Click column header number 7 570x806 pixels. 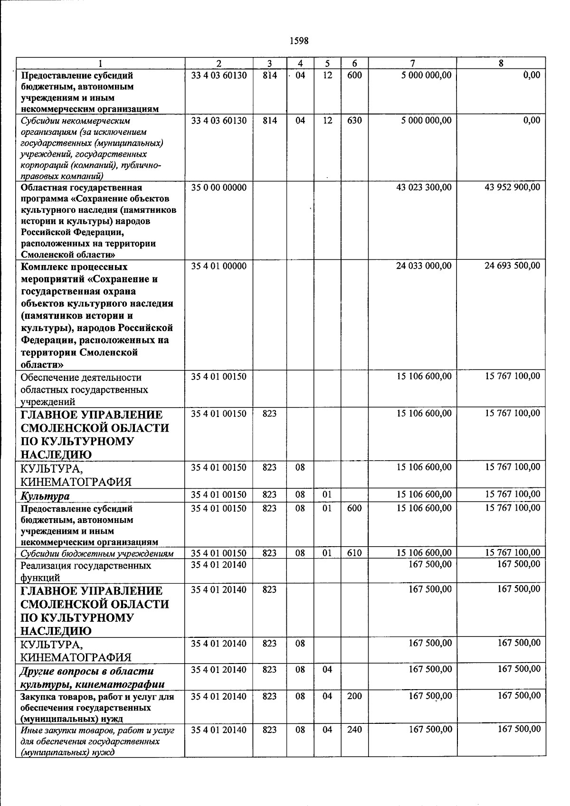coord(412,63)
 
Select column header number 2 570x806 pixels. coord(218,63)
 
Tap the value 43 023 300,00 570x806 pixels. coord(424,188)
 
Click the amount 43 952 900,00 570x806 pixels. coord(512,188)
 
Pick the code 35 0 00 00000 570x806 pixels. coord(218,188)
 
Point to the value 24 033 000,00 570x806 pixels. coord(424,266)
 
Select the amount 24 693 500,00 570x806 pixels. coord(512,266)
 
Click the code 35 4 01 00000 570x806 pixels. coord(218,266)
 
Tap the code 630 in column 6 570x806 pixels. coord(354,121)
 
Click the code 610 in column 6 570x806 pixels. coord(354,553)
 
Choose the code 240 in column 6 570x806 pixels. coord(354,730)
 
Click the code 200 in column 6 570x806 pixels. coord(354,696)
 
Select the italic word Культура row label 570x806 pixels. coord(45,496)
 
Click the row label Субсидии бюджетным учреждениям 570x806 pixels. coord(97,553)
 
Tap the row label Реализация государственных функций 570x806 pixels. coord(85,571)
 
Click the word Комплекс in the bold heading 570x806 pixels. coord(46,266)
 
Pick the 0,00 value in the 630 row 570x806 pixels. coord(531,121)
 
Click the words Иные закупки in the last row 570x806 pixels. coord(46,730)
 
